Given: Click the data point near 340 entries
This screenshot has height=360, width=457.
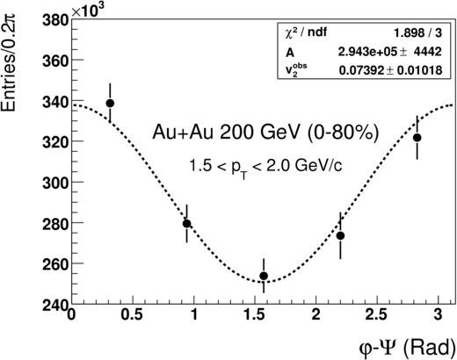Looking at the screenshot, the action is pyautogui.click(x=110, y=104).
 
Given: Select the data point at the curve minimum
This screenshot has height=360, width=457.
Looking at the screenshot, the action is pyautogui.click(x=264, y=276).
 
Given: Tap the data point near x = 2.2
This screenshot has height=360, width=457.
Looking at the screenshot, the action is pyautogui.click(x=340, y=235).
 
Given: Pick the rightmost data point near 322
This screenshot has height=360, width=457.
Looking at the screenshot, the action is pyautogui.click(x=417, y=138).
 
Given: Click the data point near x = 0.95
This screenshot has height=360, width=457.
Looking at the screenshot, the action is pyautogui.click(x=187, y=224).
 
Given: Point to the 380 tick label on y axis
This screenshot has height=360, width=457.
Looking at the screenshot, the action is pyautogui.click(x=55, y=21).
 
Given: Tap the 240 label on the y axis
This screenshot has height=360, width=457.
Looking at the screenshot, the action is pyautogui.click(x=55, y=306).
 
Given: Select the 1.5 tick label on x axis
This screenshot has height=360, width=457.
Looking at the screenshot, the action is pyautogui.click(x=256, y=315).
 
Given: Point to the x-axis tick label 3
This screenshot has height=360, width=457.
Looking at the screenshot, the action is pyautogui.click(x=439, y=315).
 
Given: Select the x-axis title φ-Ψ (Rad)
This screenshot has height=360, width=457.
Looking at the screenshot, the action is pyautogui.click(x=408, y=349).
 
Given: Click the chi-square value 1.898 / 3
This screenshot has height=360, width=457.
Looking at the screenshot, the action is pyautogui.click(x=417, y=33).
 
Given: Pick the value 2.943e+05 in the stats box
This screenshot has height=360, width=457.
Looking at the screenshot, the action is pyautogui.click(x=367, y=52).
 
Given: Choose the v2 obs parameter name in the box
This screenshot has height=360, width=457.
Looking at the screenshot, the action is pyautogui.click(x=296, y=69).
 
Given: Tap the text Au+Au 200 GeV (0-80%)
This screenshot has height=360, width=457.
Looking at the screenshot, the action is pyautogui.click(x=265, y=133).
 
